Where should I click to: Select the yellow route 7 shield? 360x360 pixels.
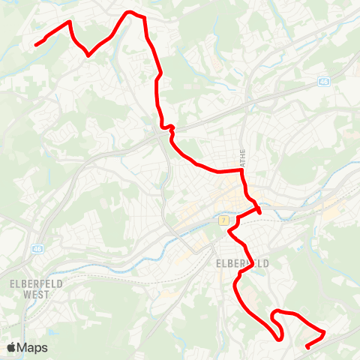[223, 220]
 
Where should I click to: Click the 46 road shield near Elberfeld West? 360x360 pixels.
[37, 247]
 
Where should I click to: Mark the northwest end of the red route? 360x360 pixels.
[36, 45]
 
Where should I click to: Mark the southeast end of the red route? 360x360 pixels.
[308, 346]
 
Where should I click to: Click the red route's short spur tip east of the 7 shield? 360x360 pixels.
[259, 212]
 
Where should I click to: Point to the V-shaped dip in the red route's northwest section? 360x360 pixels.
[88, 54]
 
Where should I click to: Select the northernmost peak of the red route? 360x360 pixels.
[130, 12]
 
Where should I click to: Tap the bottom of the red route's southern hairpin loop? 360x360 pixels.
[279, 338]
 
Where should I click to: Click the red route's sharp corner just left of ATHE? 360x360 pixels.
[241, 170]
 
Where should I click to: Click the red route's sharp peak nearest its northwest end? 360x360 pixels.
[69, 22]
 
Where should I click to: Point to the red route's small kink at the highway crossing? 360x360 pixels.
[171, 128]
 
